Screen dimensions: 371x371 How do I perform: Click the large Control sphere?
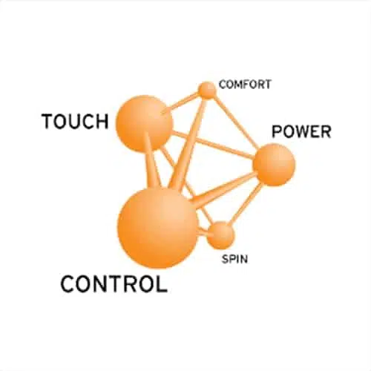(x=157, y=228)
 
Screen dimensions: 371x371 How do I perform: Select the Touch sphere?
(x=144, y=123)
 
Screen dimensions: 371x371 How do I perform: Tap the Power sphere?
(x=274, y=165)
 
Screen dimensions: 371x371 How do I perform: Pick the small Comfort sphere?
(x=208, y=91)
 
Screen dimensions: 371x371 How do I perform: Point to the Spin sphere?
(x=220, y=235)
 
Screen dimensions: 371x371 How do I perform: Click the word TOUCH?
(x=75, y=121)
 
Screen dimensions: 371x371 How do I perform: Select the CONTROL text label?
(x=114, y=284)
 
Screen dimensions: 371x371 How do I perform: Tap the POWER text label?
(x=301, y=131)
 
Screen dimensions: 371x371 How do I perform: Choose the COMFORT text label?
(x=245, y=85)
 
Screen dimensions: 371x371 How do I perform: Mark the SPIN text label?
(x=234, y=259)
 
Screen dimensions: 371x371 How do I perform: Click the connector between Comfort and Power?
(x=235, y=122)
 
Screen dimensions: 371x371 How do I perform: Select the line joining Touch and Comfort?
(x=183, y=102)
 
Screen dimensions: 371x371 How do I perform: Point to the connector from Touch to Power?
(x=213, y=145)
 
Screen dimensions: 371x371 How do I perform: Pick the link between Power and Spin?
(x=246, y=203)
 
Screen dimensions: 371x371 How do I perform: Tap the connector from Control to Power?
(x=224, y=187)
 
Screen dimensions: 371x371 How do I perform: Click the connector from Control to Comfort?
(x=188, y=142)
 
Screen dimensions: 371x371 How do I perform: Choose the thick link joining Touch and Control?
(x=151, y=161)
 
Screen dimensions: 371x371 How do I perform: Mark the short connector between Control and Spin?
(x=203, y=232)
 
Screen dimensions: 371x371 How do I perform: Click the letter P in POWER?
(x=277, y=131)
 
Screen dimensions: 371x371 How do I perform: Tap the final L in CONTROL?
(x=162, y=284)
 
